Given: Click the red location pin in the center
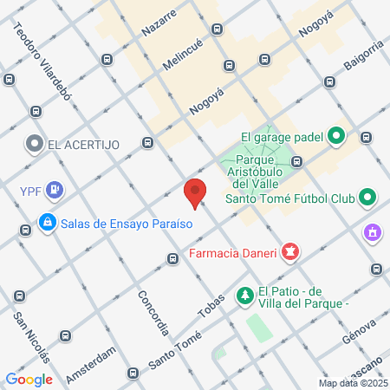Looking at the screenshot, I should point(196,192).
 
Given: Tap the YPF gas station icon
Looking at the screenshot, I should point(55,188).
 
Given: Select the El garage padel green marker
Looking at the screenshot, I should point(338,135).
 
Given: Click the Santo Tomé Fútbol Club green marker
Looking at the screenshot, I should point(367,198).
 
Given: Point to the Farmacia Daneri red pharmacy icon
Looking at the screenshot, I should point(290,253).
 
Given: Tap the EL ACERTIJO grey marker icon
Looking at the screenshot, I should point(35,144).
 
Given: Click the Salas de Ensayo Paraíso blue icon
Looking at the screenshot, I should point(47,223).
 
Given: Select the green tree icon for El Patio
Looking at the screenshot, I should point(246,296).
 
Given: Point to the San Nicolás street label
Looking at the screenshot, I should point(31,337).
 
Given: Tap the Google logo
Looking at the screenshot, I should point(29,379).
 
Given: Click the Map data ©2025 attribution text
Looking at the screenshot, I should point(352,383).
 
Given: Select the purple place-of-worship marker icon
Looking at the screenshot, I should point(374,233).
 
